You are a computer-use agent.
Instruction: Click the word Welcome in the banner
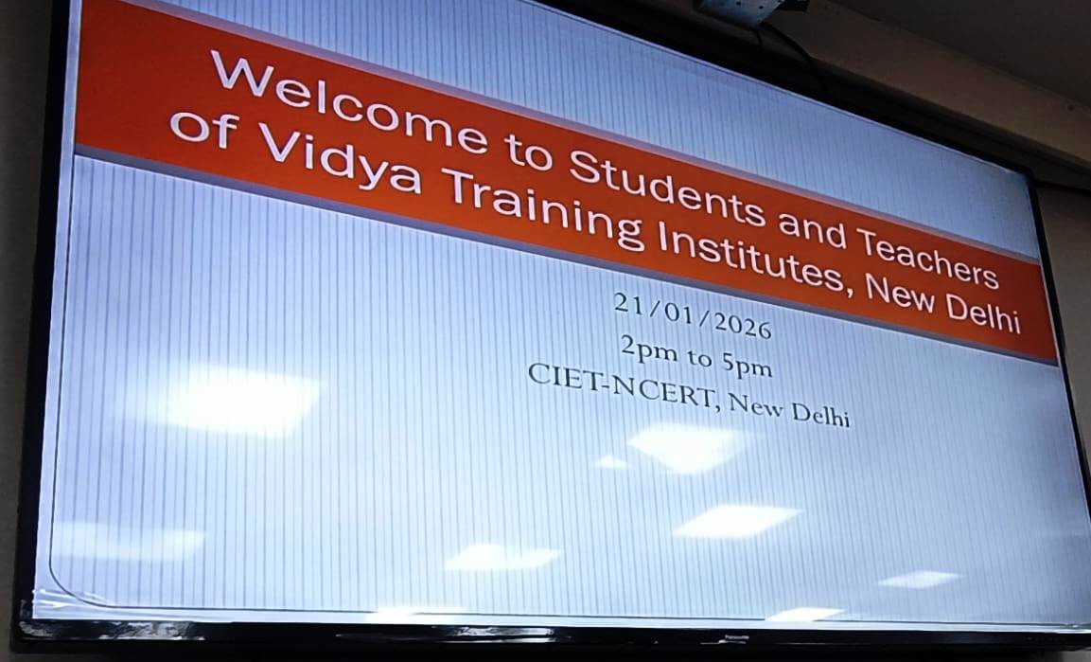pyautogui.click(x=348, y=101)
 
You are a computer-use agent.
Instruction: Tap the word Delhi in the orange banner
pyautogui.click(x=983, y=314)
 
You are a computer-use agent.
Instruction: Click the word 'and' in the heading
pyautogui.click(x=811, y=230)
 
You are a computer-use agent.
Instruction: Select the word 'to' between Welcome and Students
pyautogui.click(x=528, y=152)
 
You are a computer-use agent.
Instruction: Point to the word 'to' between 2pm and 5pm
pyautogui.click(x=699, y=358)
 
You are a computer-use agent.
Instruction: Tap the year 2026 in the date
pyautogui.click(x=743, y=325)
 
